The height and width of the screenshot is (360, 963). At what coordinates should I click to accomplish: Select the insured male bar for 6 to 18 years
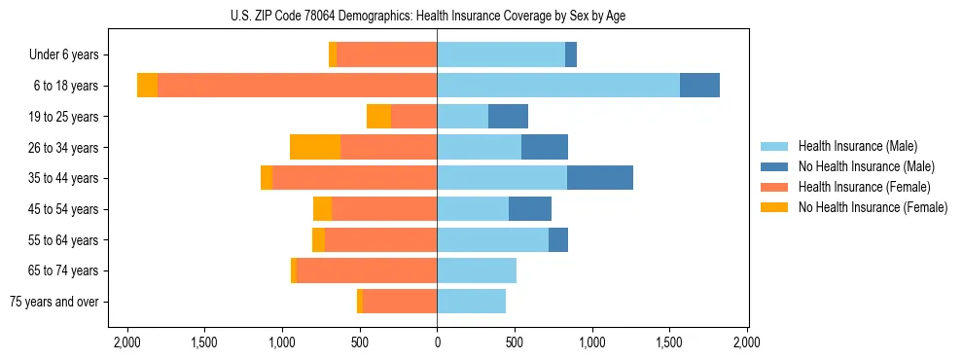558,86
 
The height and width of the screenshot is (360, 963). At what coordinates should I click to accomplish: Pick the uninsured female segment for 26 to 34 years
315,147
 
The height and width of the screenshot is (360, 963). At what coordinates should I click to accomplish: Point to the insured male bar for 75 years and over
471,302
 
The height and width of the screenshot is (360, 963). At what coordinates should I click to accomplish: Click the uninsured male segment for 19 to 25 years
508,117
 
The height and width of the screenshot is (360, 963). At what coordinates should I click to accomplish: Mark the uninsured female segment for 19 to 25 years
378,117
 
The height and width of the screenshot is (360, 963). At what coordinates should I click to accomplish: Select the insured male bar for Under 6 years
501,54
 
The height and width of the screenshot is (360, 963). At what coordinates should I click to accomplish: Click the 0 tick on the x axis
437,342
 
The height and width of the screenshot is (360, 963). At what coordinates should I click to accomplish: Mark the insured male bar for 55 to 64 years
492,239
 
